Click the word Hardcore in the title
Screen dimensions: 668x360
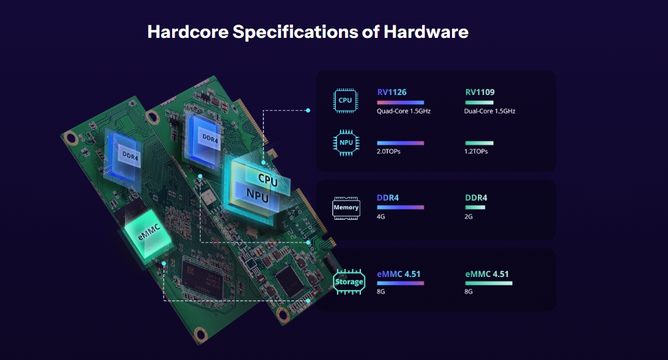pos(188,32)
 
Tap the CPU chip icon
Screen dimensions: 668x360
pos(345,100)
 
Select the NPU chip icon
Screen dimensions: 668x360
pos(346,143)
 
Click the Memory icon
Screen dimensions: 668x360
pos(346,208)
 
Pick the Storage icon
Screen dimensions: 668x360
pos(349,282)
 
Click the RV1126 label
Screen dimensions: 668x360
pos(391,92)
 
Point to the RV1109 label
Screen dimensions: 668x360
pos(480,92)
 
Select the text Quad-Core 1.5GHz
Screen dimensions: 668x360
pos(403,111)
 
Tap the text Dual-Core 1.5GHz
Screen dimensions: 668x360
pos(489,111)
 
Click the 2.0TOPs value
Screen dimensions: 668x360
pos(389,151)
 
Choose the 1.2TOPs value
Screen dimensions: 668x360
pos(476,151)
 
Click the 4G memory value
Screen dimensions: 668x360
pos(381,217)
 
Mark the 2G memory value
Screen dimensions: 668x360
pos(469,217)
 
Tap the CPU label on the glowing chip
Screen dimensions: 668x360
pos(268,180)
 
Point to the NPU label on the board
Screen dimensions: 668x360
pos(258,196)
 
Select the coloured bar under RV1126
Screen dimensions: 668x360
pos(400,102)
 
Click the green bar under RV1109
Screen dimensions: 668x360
pos(479,102)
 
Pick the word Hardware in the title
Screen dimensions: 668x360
pos(426,32)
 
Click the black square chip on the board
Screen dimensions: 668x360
pos(290,281)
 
